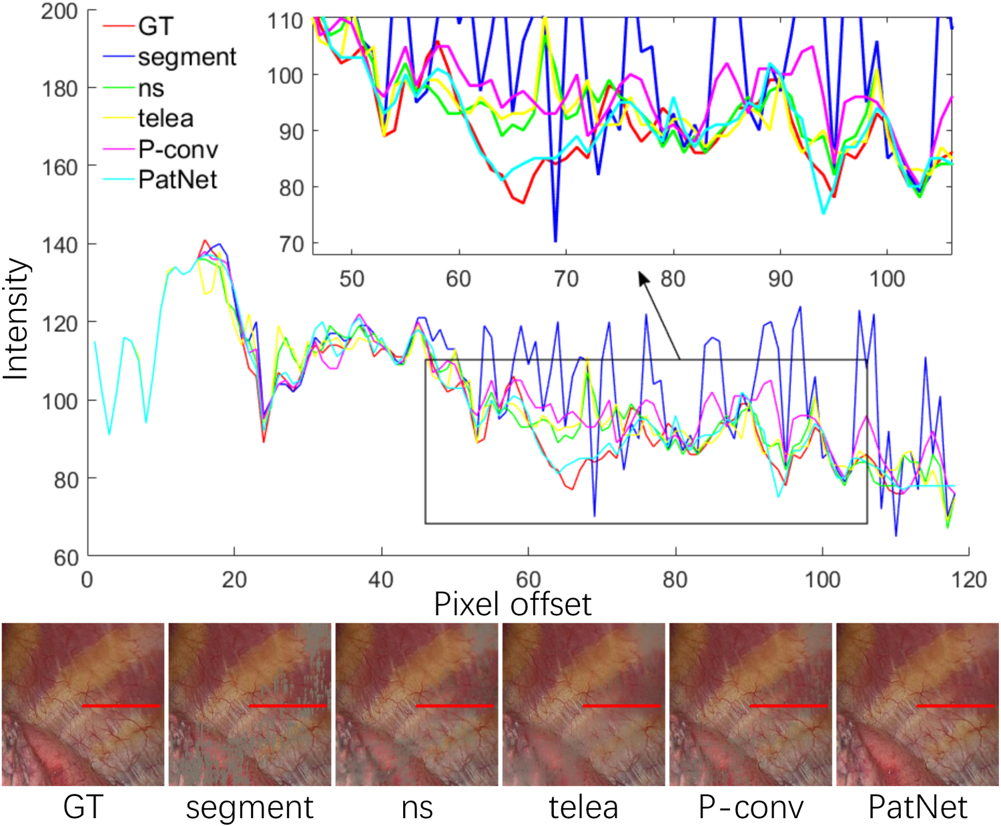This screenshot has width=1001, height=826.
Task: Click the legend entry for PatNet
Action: click(x=178, y=179)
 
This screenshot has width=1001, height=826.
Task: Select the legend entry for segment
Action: click(x=187, y=57)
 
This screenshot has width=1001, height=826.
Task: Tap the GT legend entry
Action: click(x=155, y=27)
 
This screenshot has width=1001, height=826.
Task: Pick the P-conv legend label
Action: click(x=178, y=149)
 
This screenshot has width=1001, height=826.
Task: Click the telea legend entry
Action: click(x=165, y=119)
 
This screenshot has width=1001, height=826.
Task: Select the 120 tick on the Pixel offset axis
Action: click(x=969, y=579)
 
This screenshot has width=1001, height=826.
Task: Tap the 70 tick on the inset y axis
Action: click(x=291, y=244)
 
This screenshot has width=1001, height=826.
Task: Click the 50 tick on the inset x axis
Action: click(x=352, y=278)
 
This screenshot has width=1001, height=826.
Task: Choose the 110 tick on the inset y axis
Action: click(x=285, y=21)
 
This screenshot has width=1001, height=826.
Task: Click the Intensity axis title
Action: click(x=16, y=319)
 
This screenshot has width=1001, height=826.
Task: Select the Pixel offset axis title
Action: click(x=513, y=604)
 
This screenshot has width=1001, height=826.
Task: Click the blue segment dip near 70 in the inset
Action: click(x=555, y=240)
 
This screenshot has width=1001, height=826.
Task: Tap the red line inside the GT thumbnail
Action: click(x=121, y=705)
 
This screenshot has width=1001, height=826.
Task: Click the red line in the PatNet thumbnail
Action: click(x=956, y=705)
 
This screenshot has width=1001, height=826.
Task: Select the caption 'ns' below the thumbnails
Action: click(x=417, y=807)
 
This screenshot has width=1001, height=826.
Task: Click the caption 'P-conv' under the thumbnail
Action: click(x=751, y=807)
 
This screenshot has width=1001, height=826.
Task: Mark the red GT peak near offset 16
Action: click(x=205, y=241)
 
